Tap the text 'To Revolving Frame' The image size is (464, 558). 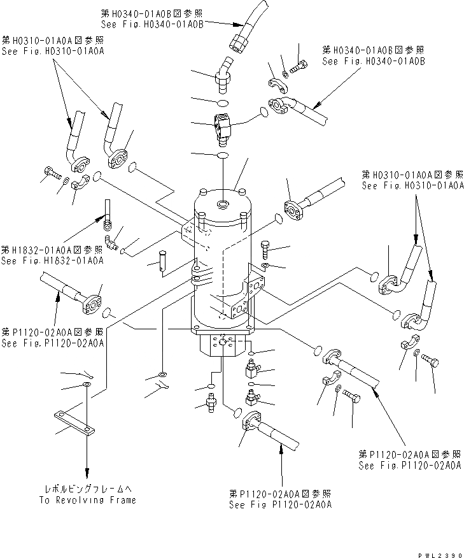tap(87, 500)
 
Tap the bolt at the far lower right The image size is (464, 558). tap(428, 361)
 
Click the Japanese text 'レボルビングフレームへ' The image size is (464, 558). tap(87, 489)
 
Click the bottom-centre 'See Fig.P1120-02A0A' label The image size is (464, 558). tap(280, 504)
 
